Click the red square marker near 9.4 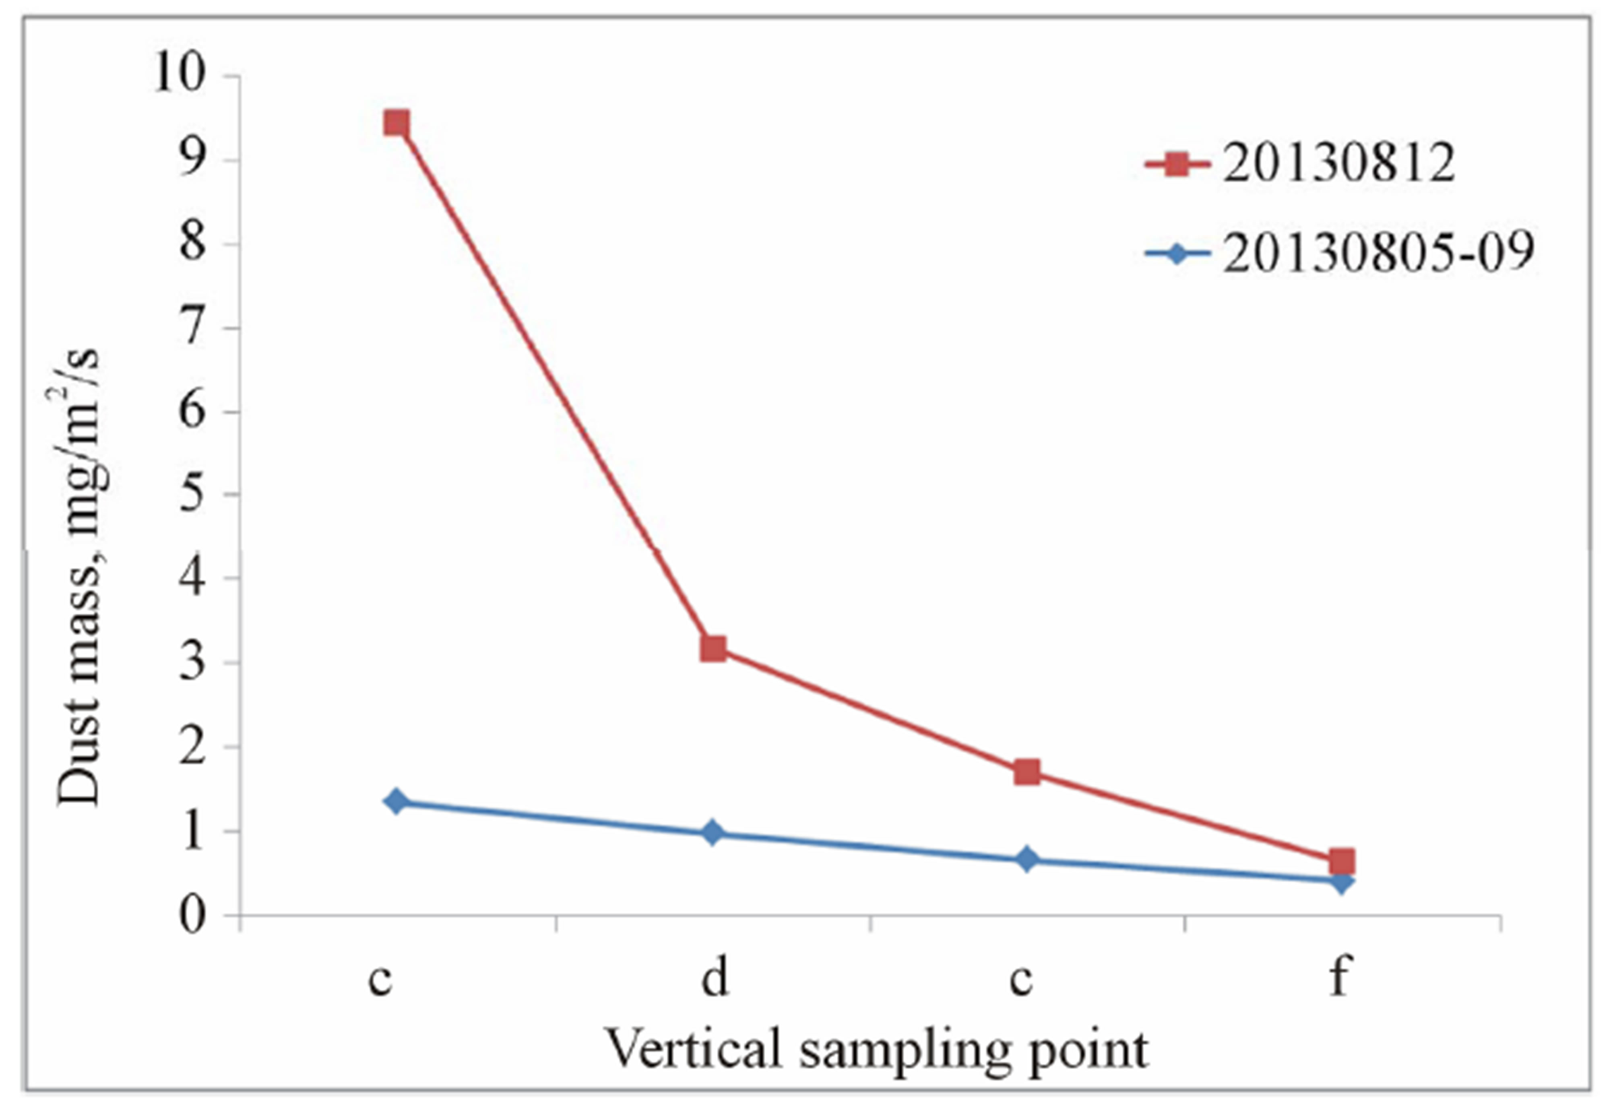pyautogui.click(x=397, y=124)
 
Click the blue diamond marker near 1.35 pyautogui.click(x=397, y=801)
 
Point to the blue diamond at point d pyautogui.click(x=713, y=832)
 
